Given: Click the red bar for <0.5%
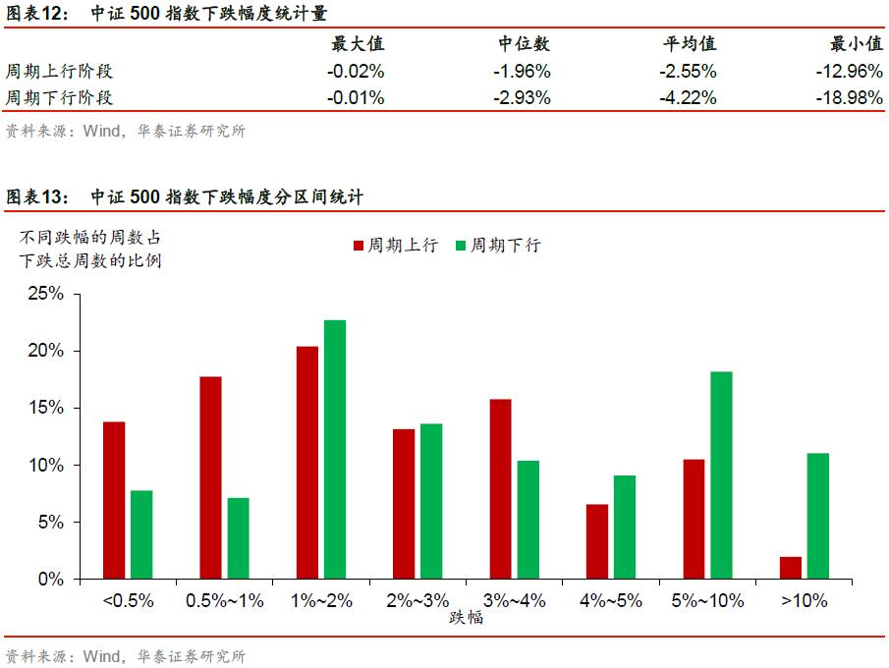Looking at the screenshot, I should pyautogui.click(x=114, y=500).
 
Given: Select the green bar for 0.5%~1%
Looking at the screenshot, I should pyautogui.click(x=238, y=538).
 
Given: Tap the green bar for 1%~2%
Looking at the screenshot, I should pyautogui.click(x=334, y=449).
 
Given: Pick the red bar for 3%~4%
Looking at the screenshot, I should pyautogui.click(x=500, y=488).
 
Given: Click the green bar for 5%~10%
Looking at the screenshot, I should pyautogui.click(x=721, y=474).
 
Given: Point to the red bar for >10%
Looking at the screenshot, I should pyautogui.click(x=791, y=568).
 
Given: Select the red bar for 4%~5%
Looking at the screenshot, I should pyautogui.click(x=596, y=541).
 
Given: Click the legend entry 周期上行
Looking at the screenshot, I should pyautogui.click(x=395, y=246).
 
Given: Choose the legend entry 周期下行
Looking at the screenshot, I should pyautogui.click(x=497, y=246).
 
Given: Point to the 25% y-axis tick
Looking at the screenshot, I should pyautogui.click(x=44, y=294).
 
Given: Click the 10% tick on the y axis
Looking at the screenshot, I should pyautogui.click(x=44, y=465).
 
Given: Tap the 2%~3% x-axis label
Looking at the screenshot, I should pyautogui.click(x=417, y=601).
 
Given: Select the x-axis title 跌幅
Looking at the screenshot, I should pyautogui.click(x=467, y=618).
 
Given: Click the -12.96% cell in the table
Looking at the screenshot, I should pyautogui.click(x=849, y=72).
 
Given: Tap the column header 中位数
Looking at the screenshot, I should pyautogui.click(x=524, y=44).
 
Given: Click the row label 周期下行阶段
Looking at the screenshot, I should pyautogui.click(x=59, y=97).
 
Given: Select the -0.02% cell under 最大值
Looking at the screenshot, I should pyautogui.click(x=355, y=72).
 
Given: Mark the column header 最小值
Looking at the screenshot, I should pyautogui.click(x=857, y=44).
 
